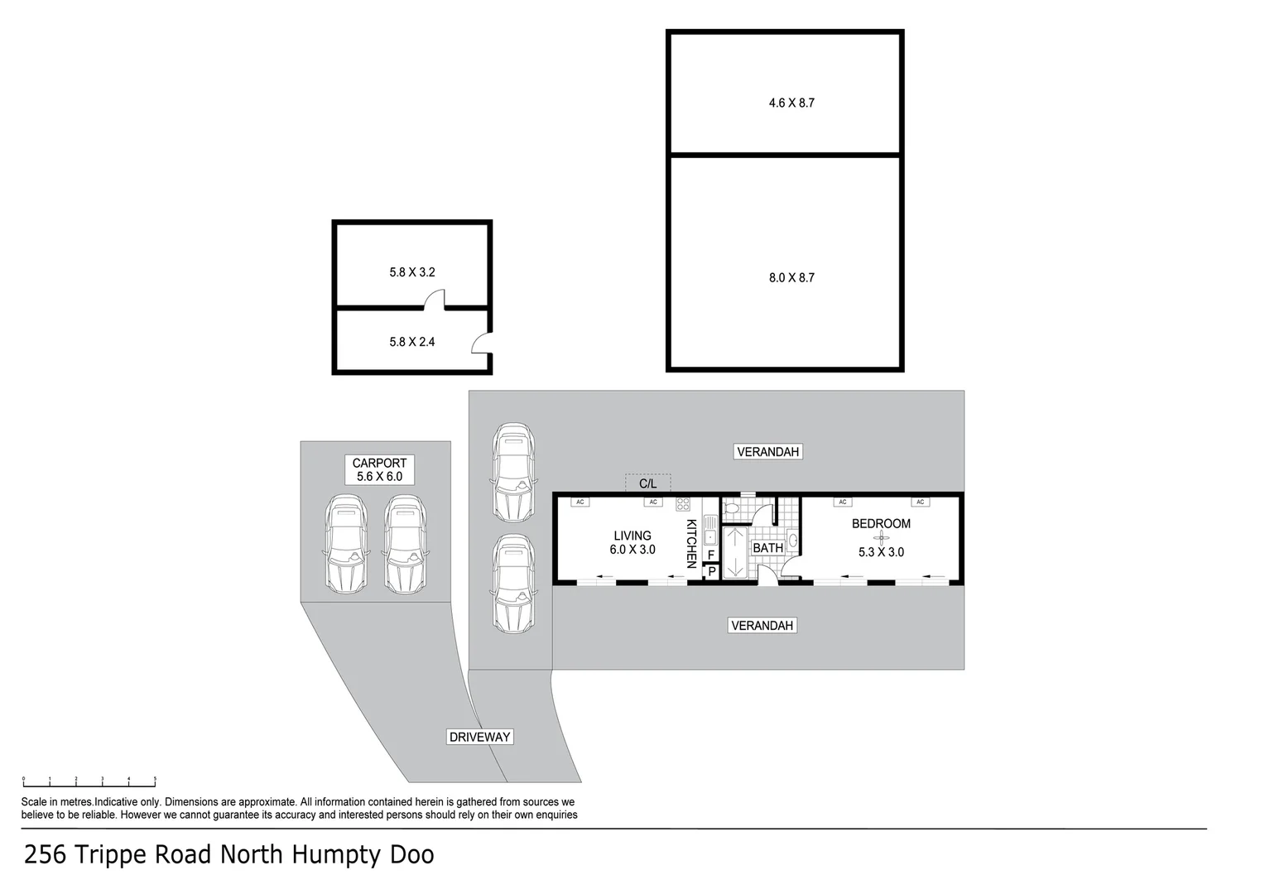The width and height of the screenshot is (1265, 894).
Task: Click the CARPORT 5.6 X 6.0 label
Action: [x=379, y=470]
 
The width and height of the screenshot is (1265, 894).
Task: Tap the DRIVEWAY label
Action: [x=480, y=737]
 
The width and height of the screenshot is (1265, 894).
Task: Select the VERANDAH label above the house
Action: [x=767, y=451]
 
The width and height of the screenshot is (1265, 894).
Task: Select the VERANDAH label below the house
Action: [x=762, y=626]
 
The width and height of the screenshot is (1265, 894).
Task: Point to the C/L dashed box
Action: [x=647, y=483]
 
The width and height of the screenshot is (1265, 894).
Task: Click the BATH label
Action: [x=767, y=548]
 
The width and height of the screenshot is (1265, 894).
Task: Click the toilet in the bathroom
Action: [x=733, y=510]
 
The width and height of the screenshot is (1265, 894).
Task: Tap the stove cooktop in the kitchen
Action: [x=683, y=504]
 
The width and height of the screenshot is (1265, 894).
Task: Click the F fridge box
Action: [x=711, y=555]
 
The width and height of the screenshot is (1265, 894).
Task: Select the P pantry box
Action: [x=711, y=571]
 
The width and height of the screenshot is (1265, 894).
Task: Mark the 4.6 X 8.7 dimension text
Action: [x=791, y=103]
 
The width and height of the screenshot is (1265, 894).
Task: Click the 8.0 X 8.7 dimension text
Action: [x=791, y=278]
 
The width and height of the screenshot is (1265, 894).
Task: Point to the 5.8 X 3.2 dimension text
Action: [x=412, y=272]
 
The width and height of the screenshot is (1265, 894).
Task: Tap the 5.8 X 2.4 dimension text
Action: [x=412, y=341]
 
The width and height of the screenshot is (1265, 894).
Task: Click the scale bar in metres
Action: [x=89, y=781]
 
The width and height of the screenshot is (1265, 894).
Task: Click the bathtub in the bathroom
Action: [x=735, y=553]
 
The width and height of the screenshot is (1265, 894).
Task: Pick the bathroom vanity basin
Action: [x=792, y=541]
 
